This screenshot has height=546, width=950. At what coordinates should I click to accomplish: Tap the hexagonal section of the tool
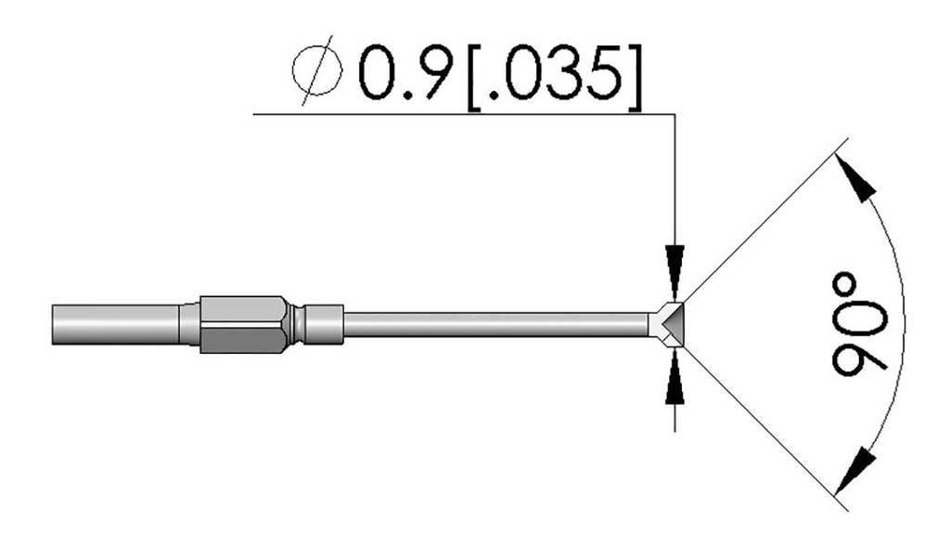pos(239,323)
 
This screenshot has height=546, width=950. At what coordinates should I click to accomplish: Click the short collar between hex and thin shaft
pos(325,323)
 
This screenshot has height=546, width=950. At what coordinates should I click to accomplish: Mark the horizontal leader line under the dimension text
pos(464,115)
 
